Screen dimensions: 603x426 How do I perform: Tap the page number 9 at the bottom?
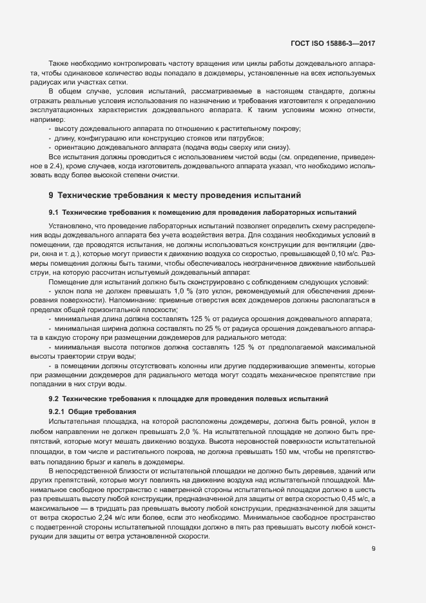tap(374, 549)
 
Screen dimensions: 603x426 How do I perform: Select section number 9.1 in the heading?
tap(54, 212)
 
